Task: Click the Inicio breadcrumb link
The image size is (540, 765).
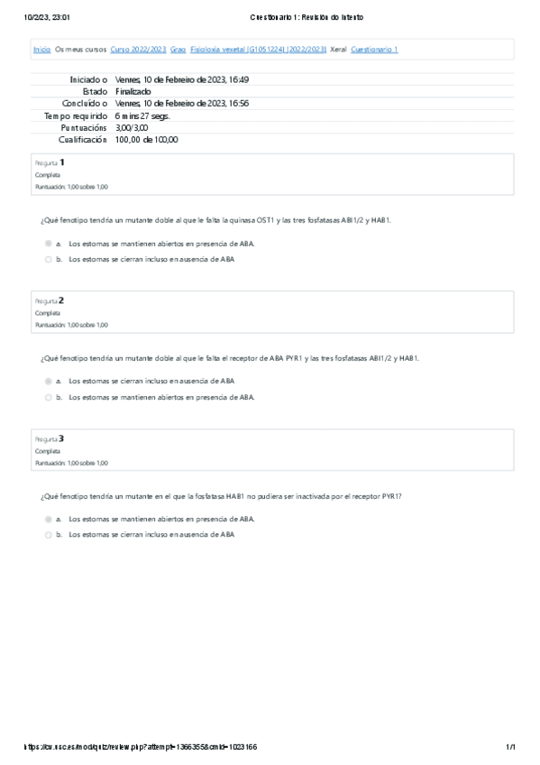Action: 41,50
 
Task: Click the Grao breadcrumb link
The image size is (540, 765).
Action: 178,50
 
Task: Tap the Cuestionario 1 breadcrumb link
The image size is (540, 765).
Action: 374,50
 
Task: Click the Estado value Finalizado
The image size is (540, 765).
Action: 133,91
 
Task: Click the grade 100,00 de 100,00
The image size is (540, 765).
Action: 147,140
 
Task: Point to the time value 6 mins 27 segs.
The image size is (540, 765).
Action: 142,115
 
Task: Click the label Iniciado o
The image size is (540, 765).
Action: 88,79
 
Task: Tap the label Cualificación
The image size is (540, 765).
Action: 83,140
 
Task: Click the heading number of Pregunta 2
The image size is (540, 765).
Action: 61,300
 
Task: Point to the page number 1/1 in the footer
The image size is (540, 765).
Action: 509,747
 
